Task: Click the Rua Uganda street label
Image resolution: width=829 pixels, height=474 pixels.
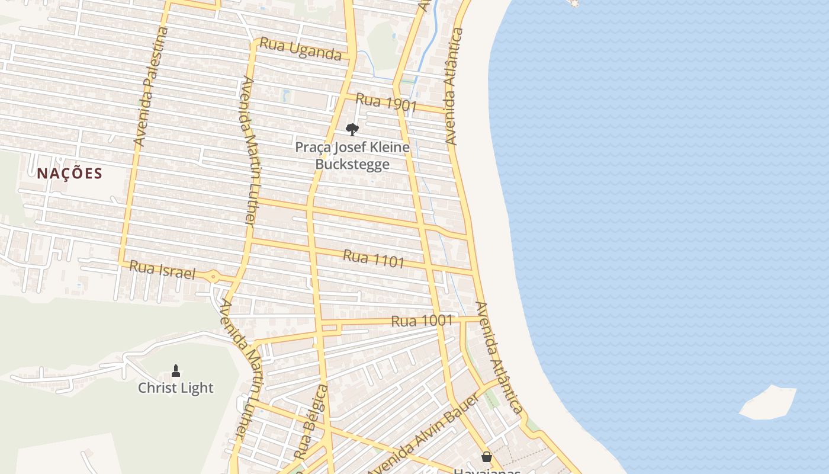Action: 301,49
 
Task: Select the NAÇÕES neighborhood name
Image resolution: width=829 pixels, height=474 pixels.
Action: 70,174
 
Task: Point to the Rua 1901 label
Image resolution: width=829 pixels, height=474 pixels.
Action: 386,103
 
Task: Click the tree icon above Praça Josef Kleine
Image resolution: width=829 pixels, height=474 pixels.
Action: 352,130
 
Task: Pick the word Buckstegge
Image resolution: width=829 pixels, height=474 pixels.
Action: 352,164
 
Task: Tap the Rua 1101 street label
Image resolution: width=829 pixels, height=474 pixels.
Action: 374,258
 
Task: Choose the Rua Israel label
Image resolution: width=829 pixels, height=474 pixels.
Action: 162,270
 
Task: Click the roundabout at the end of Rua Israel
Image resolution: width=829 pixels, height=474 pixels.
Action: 213,276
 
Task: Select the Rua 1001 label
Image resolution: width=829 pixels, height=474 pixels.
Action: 422,321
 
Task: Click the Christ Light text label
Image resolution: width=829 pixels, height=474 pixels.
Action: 175,388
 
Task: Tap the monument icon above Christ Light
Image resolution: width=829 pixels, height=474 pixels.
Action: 175,371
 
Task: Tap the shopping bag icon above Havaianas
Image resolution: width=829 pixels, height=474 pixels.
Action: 486,457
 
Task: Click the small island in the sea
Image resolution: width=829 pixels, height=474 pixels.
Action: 768,402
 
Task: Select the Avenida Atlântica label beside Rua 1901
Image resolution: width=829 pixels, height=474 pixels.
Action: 454,87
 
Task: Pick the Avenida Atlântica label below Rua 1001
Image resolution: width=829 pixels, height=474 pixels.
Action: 499,358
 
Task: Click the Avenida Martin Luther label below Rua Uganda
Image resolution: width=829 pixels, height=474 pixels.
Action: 248,151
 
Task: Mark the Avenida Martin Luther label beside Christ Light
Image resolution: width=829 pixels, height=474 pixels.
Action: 240,367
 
